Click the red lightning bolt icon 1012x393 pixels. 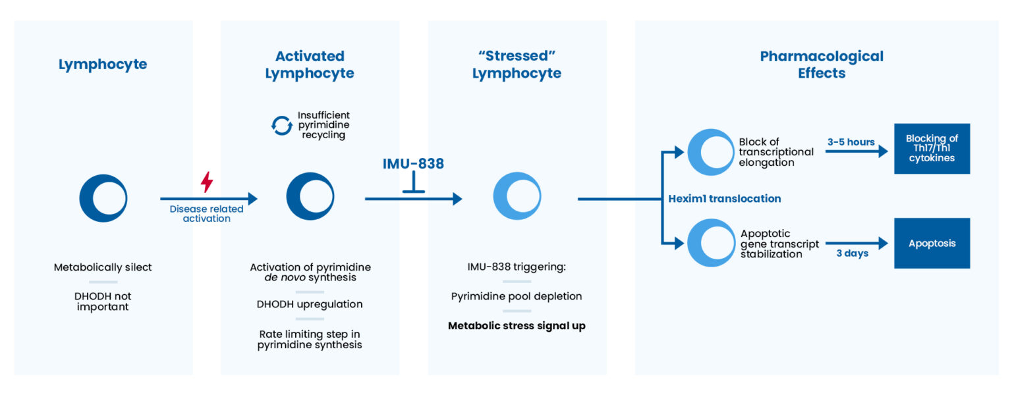tap(206, 182)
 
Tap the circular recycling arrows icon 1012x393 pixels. tap(281, 126)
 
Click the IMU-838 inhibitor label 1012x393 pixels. tap(413, 164)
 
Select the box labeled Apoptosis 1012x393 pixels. tap(932, 243)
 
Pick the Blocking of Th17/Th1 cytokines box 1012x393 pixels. tap(932, 148)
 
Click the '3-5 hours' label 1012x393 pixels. tap(851, 142)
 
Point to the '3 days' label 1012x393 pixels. tap(852, 253)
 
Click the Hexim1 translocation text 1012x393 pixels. tap(724, 198)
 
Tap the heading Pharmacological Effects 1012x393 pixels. tap(821, 65)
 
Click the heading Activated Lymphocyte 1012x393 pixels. tap(310, 65)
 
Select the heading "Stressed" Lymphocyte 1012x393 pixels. tap(517, 65)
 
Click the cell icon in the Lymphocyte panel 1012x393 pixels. tap(103, 198)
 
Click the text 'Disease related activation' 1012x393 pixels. tap(206, 213)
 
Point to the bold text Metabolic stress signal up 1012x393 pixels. tap(517, 325)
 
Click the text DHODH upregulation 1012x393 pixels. tap(310, 304)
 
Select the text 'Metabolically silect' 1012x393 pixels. tap(103, 267)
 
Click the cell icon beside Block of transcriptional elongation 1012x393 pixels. tap(710, 152)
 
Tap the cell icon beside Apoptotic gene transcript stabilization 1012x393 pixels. tap(710, 244)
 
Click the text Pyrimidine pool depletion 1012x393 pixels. tap(517, 296)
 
